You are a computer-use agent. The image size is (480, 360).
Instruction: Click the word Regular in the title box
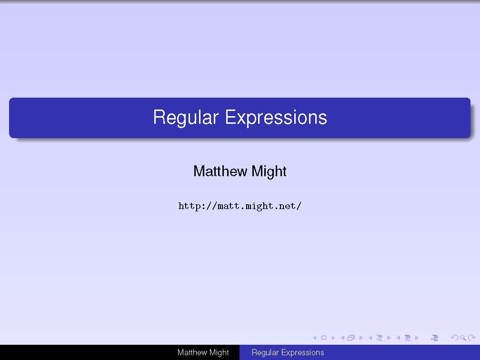tap(186, 118)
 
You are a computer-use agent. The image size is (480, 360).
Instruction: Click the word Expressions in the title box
tap(276, 117)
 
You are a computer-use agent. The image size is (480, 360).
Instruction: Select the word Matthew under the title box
tap(220, 171)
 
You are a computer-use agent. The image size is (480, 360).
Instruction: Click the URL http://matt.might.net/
tap(240, 206)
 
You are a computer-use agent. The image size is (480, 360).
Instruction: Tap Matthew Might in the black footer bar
tap(203, 353)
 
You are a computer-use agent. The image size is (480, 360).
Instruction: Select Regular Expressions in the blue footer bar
tap(288, 353)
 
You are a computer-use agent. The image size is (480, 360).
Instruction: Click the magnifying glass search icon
tap(463, 338)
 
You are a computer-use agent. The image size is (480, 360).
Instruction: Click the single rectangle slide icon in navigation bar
tap(324, 338)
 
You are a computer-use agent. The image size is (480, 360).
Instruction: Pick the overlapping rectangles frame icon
tap(351, 338)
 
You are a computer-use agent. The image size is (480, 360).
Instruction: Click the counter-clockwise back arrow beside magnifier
tap(455, 338)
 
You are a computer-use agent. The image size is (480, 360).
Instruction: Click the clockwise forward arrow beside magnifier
tap(472, 338)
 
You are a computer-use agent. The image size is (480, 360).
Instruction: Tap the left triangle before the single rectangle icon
tap(315, 338)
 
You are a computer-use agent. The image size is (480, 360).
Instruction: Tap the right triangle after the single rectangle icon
tap(333, 338)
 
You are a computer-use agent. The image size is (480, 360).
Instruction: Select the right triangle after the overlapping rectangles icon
tap(361, 338)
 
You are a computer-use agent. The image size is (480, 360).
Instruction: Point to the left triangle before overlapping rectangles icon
tap(342, 338)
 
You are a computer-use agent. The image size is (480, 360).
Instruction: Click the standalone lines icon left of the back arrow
tap(435, 338)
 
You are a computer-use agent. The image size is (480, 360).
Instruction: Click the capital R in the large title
tap(159, 117)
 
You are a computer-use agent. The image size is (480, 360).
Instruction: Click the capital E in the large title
tap(230, 117)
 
